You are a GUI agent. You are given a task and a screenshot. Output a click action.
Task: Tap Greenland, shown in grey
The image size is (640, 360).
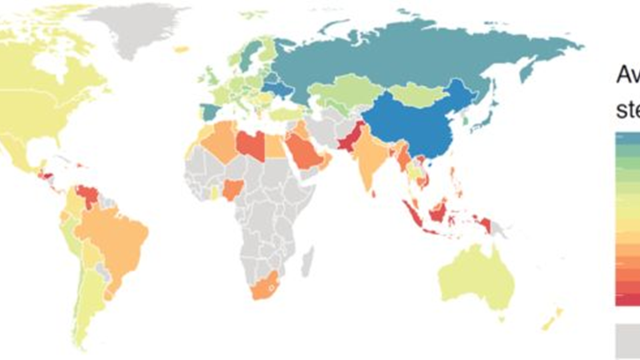click(x=140, y=27)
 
